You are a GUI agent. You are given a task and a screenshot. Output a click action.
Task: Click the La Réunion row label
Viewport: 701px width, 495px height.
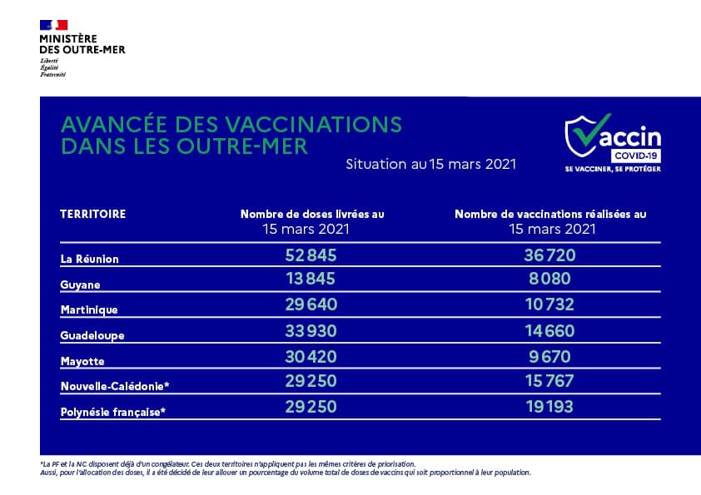(90, 259)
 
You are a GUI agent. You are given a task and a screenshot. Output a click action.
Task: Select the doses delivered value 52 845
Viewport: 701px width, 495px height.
(311, 256)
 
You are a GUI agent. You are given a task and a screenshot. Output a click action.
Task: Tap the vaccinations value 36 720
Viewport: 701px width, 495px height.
(549, 256)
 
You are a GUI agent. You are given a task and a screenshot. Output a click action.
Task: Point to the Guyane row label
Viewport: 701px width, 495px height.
(80, 285)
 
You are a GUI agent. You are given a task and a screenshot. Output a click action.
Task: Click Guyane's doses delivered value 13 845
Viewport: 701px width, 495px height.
(311, 282)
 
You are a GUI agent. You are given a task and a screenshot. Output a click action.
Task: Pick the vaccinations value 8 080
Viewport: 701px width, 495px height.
(549, 282)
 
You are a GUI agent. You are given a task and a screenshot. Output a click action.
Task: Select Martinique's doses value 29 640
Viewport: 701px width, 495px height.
(311, 308)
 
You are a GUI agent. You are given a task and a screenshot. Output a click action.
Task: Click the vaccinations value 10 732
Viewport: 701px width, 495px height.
(549, 308)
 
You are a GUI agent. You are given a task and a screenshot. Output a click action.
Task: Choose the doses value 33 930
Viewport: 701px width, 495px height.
(311, 334)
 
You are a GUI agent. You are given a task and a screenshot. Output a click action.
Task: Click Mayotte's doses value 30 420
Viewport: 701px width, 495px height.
(311, 359)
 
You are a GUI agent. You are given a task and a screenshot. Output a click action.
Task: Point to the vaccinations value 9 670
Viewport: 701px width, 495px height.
(549, 359)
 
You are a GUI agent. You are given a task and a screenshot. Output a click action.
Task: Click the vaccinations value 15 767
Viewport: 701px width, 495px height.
(549, 385)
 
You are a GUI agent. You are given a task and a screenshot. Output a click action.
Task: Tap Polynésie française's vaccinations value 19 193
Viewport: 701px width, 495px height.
(549, 411)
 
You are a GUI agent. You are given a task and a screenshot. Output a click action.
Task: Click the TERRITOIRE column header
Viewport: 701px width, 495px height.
(93, 214)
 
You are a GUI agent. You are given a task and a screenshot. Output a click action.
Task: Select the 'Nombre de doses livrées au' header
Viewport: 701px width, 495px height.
(312, 214)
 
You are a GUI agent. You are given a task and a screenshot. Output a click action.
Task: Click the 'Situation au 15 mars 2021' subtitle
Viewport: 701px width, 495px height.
(430, 164)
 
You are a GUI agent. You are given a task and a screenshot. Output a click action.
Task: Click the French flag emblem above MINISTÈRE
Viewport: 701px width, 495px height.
(53, 25)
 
